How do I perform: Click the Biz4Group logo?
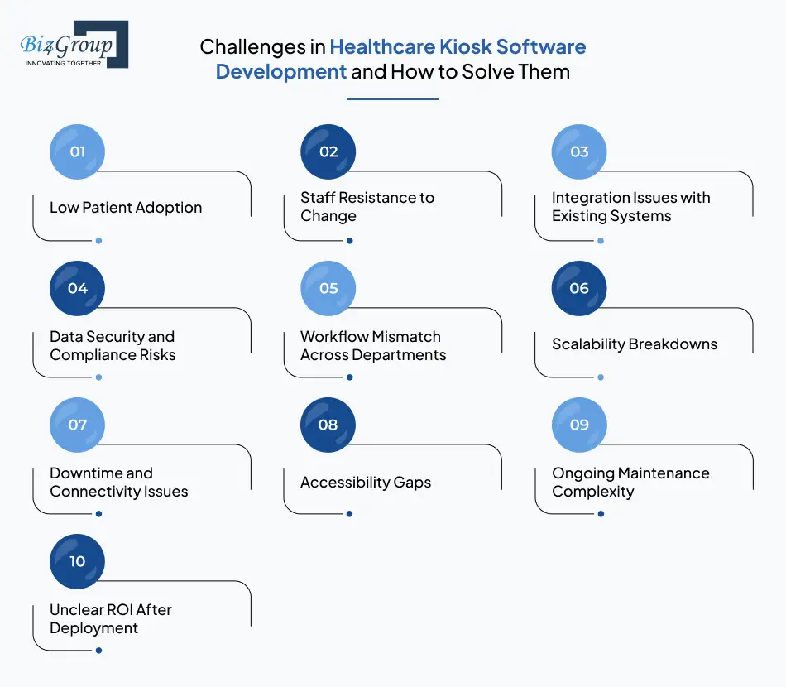click(x=73, y=45)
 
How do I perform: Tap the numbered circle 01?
click(x=78, y=151)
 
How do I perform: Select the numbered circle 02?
click(x=328, y=151)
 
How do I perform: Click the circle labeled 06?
click(x=579, y=288)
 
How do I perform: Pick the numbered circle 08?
click(x=328, y=425)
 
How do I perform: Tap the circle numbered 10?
click(x=78, y=561)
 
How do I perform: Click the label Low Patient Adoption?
click(x=126, y=207)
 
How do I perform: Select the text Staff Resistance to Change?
click(x=367, y=207)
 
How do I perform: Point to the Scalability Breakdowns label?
click(x=635, y=343)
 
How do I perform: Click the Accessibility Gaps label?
click(x=366, y=482)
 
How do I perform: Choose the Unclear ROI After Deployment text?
click(x=110, y=619)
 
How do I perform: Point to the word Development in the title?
click(x=281, y=71)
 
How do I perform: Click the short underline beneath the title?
click(x=392, y=98)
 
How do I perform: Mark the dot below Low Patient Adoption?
click(x=98, y=241)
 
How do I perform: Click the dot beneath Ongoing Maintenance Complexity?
click(x=601, y=514)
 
